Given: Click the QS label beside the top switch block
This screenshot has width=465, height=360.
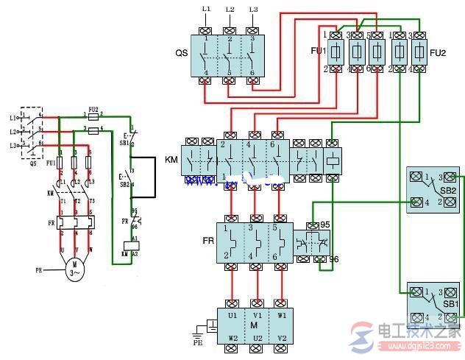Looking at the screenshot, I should pyautogui.click(x=180, y=54).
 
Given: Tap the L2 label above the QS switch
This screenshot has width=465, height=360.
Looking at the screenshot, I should pyautogui.click(x=230, y=10).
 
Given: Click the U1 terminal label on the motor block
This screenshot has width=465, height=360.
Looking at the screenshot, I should pyautogui.click(x=232, y=314).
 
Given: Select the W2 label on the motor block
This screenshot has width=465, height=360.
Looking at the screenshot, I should pyautogui.click(x=232, y=339).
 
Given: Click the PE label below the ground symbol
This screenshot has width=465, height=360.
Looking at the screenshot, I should pyautogui.click(x=197, y=342).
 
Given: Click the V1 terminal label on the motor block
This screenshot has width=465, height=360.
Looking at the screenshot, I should pyautogui.click(x=258, y=314).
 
